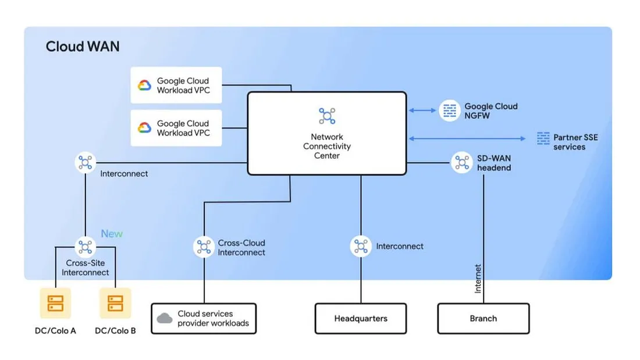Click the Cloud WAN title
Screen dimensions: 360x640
tap(83, 47)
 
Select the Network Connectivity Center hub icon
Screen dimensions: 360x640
tap(327, 116)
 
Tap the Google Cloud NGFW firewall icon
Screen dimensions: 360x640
tap(449, 111)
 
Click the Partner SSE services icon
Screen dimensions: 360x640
tap(543, 138)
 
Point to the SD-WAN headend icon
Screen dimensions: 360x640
tap(462, 163)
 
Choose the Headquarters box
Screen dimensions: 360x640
tap(361, 318)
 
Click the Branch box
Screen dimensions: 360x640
tap(483, 318)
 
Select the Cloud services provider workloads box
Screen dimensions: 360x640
tap(204, 318)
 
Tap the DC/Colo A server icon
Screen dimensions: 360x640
tap(55, 303)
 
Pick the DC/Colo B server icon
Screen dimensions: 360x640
tap(115, 303)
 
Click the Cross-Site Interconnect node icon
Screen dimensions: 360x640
tap(86, 247)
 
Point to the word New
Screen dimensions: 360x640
tap(112, 234)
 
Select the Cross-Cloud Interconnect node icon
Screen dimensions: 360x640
tap(204, 247)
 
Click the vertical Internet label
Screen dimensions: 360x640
tap(478, 279)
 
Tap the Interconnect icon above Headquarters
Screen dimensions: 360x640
tap(361, 246)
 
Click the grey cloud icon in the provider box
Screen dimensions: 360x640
tap(165, 318)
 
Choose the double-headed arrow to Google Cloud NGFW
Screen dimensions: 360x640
tap(422, 111)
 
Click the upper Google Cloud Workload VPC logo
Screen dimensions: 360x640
tap(144, 85)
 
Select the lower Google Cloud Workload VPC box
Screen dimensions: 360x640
tap(168, 128)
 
